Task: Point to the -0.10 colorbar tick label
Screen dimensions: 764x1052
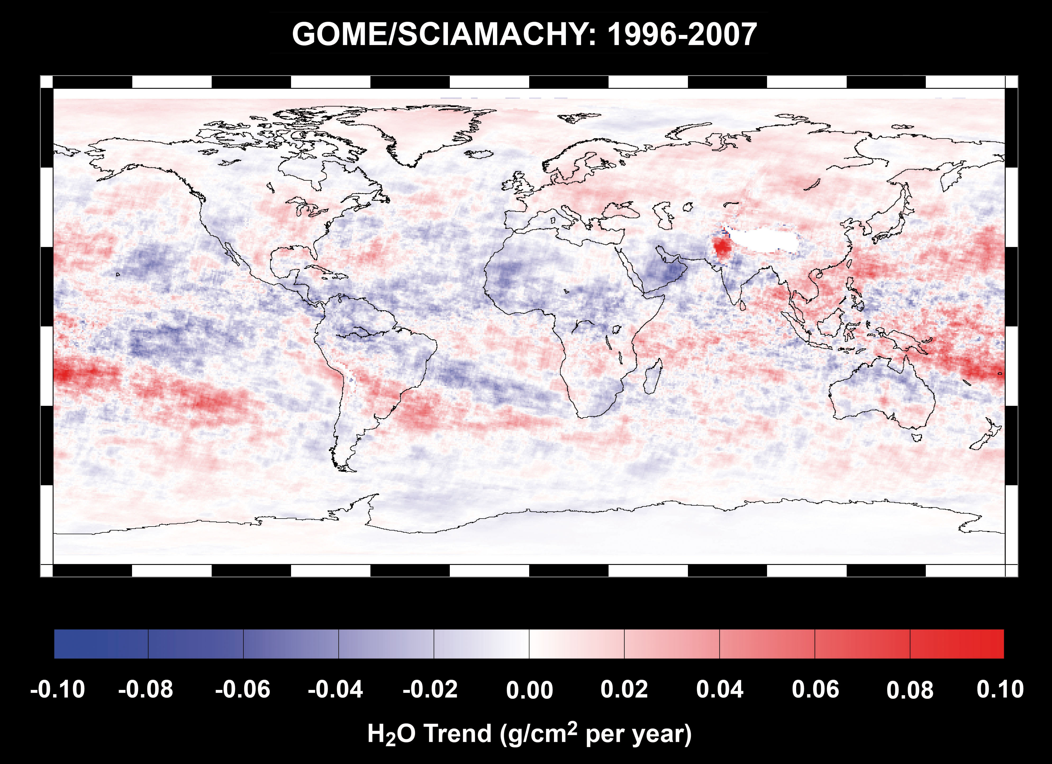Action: tap(57, 690)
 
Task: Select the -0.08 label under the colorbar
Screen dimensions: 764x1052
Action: tap(146, 690)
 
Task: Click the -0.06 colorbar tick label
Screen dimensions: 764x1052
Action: tap(243, 690)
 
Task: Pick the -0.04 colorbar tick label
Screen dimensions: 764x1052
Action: tap(335, 690)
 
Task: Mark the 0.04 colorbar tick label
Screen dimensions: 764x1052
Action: tap(720, 690)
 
